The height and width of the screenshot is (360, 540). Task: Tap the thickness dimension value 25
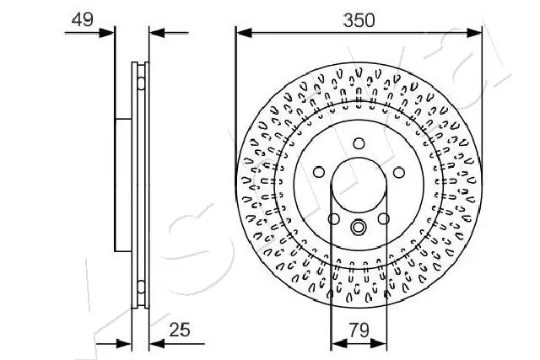pos(178,330)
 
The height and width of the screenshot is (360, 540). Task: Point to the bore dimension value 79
pos(359,330)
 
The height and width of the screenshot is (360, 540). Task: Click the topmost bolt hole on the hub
pos(359,142)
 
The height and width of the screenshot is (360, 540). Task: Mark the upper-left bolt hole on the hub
pos(320,171)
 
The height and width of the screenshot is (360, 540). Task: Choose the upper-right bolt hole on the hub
pos(398,171)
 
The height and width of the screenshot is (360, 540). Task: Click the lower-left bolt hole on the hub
pos(334,218)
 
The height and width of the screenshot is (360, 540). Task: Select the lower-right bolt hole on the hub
pos(383,218)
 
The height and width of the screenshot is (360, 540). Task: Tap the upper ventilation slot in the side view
pos(138,82)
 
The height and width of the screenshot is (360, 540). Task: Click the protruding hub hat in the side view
pos(123,185)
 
